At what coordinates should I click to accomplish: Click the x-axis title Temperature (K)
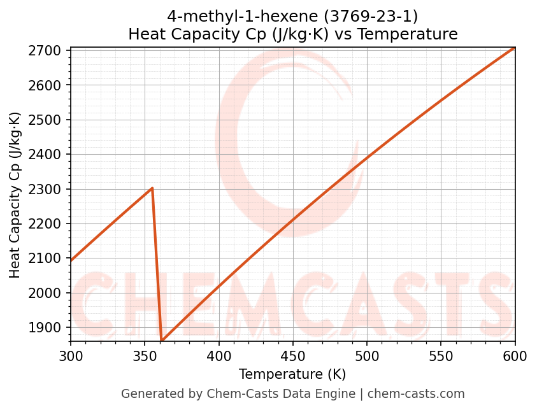tap(292, 374)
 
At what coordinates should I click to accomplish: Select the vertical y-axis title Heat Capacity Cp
tap(15, 195)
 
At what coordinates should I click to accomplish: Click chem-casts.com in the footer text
tap(416, 394)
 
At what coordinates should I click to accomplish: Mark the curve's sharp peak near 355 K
tap(152, 188)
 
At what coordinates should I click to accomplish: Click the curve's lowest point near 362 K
tap(162, 340)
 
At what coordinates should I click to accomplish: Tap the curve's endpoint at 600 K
tap(515, 48)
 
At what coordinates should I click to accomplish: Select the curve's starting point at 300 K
tap(71, 261)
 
